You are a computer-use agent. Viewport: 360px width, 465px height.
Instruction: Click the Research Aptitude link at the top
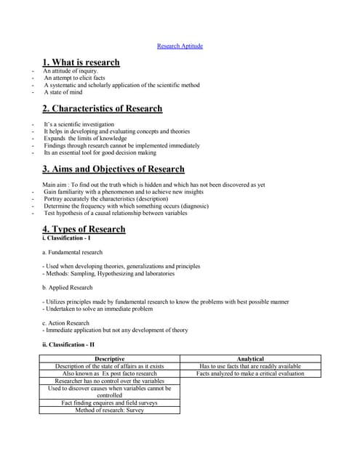click(180, 46)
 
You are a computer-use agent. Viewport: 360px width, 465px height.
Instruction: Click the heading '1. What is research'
click(81, 62)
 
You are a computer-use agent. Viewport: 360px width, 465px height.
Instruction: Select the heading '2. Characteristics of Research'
click(102, 109)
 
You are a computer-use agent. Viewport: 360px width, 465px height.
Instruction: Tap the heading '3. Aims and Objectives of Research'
click(113, 169)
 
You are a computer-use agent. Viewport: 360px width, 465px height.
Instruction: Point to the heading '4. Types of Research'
click(84, 229)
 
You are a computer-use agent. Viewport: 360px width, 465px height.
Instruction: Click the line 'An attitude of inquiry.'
click(71, 71)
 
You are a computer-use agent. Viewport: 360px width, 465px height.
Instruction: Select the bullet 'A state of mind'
click(63, 92)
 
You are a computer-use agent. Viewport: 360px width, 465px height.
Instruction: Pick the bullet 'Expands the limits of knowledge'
click(85, 138)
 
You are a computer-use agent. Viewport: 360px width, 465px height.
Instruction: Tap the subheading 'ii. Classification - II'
click(68, 344)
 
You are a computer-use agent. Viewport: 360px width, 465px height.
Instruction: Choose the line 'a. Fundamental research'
click(72, 252)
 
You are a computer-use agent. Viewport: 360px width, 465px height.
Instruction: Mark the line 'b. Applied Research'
click(68, 287)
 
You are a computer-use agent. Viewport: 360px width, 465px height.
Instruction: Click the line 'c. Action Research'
click(66, 323)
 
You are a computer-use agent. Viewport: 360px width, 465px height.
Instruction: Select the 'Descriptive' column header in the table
click(109, 359)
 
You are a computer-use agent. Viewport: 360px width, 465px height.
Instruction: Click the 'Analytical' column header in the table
click(250, 359)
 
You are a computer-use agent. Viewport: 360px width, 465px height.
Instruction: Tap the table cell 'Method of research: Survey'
click(109, 410)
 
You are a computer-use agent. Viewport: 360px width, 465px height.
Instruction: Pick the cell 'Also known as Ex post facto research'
click(109, 373)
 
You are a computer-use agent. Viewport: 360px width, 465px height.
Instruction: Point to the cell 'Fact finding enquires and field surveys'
click(109, 403)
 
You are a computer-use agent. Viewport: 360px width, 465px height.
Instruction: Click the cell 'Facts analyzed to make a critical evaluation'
click(250, 373)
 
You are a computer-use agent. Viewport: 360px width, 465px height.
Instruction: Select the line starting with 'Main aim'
click(153, 185)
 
